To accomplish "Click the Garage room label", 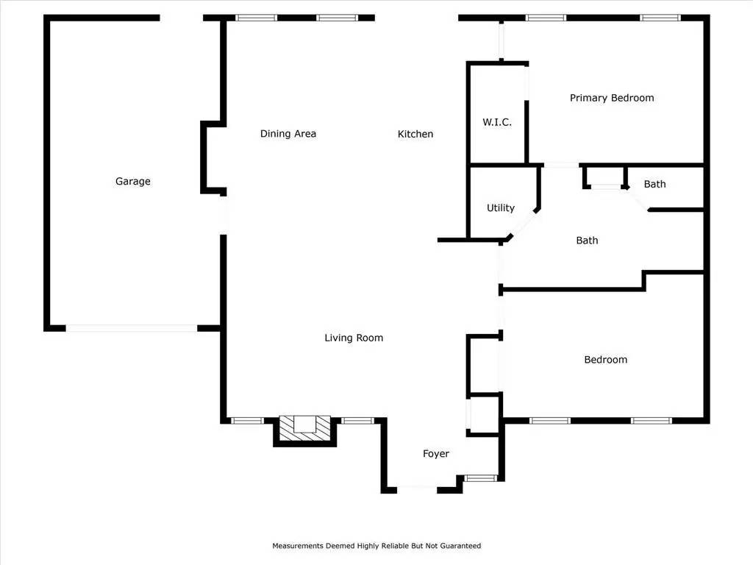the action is click(132, 181).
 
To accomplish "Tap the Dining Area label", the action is click(288, 134).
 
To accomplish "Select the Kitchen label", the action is click(415, 134).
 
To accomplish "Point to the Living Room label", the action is click(354, 338).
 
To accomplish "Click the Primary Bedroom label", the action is click(612, 98).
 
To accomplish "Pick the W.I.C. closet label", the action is click(497, 122).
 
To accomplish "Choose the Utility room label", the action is click(500, 207).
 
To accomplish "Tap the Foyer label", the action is click(436, 453).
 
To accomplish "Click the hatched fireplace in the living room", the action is click(305, 427).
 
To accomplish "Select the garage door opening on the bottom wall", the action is click(132, 329).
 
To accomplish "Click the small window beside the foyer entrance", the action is click(481, 478).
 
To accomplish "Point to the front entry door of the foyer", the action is click(417, 489).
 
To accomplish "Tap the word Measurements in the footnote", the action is click(298, 546).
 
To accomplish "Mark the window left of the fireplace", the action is click(247, 421).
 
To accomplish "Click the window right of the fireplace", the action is click(358, 421).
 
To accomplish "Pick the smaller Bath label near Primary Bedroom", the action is click(654, 184).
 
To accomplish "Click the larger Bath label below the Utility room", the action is click(587, 241).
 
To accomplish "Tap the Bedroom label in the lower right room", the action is click(606, 360).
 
